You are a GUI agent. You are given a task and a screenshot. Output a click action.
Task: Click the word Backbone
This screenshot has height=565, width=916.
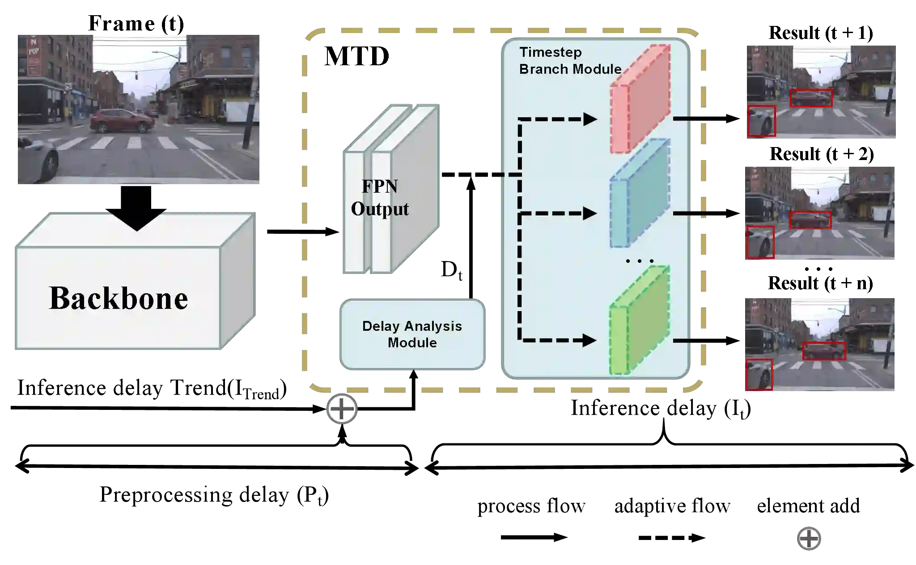point(119,298)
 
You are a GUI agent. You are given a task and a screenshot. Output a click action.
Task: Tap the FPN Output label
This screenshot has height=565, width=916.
point(380,198)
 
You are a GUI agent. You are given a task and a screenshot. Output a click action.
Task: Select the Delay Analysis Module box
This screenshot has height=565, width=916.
point(412,334)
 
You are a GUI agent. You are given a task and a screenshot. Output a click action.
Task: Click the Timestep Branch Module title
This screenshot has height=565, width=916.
point(570,61)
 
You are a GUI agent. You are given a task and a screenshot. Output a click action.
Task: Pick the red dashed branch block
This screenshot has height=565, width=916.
point(640,99)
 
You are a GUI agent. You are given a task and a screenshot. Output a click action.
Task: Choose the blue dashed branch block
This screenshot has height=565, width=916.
point(640,193)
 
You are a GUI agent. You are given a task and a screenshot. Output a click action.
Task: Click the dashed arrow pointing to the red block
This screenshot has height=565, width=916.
point(559,119)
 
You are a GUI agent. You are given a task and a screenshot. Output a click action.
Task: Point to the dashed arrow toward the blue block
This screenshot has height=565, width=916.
point(559,214)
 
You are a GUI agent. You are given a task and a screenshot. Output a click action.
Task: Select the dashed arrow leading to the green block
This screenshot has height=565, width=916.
point(559,341)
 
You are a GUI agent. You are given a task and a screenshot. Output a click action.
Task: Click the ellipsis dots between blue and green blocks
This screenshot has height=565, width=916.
point(640,261)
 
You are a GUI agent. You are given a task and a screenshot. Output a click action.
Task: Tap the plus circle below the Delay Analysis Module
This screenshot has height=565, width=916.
point(342,409)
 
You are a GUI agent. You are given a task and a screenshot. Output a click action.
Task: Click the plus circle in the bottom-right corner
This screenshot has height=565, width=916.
point(809,539)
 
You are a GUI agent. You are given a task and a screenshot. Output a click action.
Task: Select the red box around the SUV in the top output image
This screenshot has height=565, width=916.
point(811,98)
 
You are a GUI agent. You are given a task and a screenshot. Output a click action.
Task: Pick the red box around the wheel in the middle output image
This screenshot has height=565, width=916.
point(760,242)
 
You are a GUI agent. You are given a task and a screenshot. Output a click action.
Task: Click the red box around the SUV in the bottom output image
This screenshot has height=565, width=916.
point(824,351)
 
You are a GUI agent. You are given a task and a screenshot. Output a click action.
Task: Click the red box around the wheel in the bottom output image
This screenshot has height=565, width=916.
point(759,374)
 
